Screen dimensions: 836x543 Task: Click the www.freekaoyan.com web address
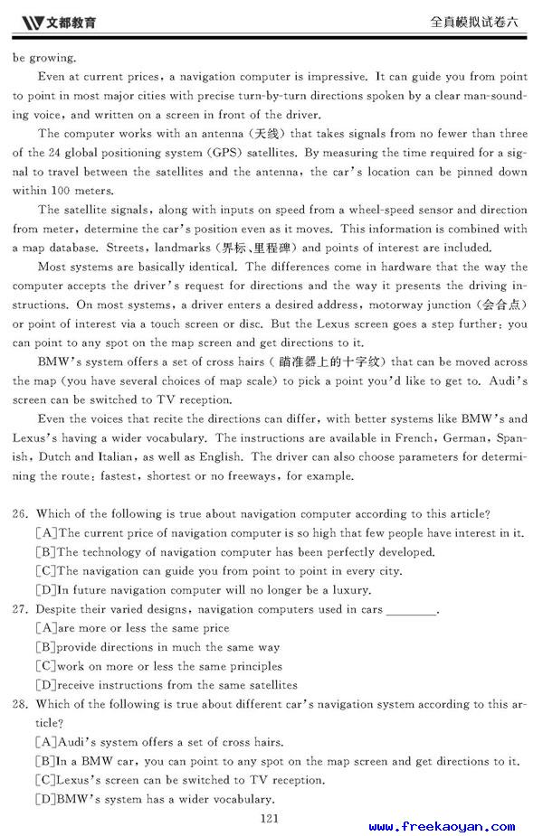tap(441, 826)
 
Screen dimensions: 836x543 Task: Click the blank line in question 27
tap(411, 610)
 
